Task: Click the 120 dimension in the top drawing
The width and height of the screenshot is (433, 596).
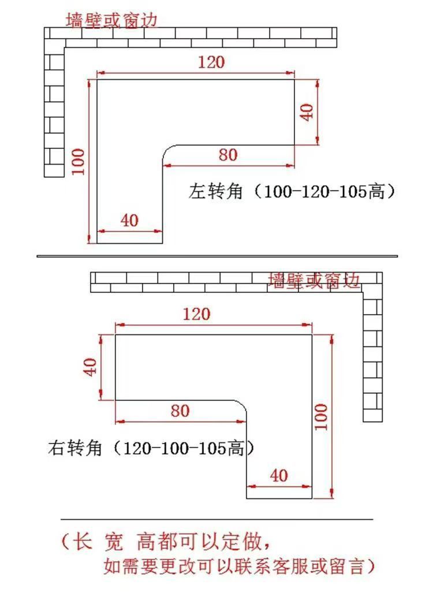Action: coord(211,62)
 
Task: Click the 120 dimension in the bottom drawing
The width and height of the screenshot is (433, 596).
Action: coord(196,315)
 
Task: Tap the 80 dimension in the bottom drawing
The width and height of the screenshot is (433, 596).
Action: coord(180,411)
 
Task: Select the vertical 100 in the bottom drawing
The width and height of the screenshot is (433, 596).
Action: coord(321,416)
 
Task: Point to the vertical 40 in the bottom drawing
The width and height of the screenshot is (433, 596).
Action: coord(91,367)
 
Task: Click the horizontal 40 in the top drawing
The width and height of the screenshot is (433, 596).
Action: coord(129,220)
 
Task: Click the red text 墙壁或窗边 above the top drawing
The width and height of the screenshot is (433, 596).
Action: coord(111,20)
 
